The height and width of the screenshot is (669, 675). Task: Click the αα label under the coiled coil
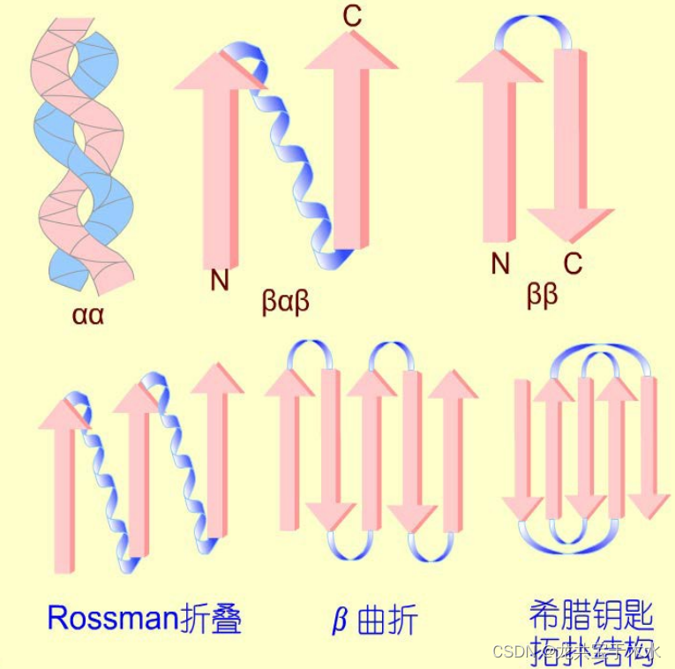[x=88, y=314]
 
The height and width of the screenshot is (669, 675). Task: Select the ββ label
[x=543, y=296]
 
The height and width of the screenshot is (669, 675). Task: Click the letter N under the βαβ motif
[x=220, y=281]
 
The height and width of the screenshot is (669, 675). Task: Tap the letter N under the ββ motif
[x=500, y=263]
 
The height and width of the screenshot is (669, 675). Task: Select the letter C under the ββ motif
[x=574, y=263]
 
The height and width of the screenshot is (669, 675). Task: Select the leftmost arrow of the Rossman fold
[x=64, y=485]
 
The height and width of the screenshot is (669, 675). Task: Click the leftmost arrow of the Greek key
[x=522, y=450]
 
